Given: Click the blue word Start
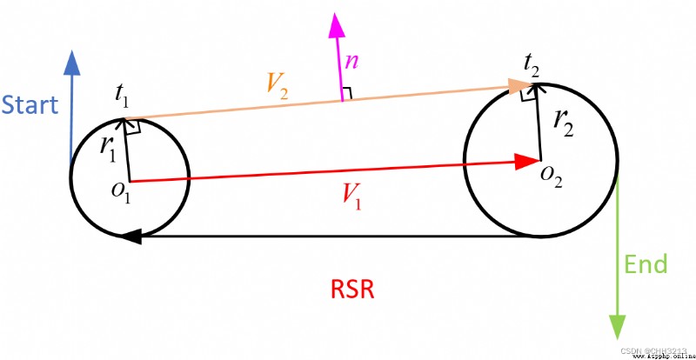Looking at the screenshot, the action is (30, 104).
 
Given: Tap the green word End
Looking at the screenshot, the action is (646, 264).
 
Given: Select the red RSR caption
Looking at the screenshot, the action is (353, 290).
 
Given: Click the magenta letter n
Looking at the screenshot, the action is (351, 62).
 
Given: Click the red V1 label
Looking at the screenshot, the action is (351, 196).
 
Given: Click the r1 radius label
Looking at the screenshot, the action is (107, 150).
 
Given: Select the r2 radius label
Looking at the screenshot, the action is (564, 123).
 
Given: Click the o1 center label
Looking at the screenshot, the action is (122, 194).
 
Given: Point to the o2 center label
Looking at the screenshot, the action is (552, 177).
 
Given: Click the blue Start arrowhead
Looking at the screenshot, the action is (72, 63).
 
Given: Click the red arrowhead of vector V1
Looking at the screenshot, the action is (528, 162).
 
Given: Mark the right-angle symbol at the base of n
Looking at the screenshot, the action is (347, 94).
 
